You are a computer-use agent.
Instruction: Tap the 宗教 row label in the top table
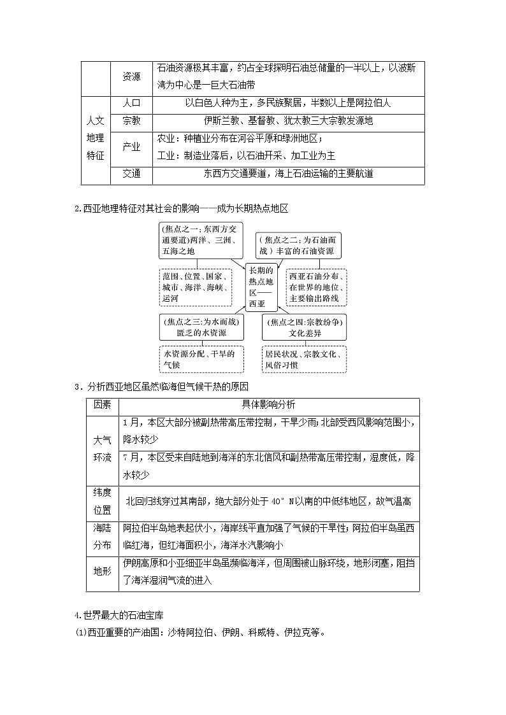coord(131,121)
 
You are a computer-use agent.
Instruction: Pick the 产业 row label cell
coord(131,146)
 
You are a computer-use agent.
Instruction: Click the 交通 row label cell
coord(131,173)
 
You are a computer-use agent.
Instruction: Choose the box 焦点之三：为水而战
coord(201,327)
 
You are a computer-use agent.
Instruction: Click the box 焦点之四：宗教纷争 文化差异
coord(305,327)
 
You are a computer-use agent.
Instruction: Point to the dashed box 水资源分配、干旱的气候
coord(201,359)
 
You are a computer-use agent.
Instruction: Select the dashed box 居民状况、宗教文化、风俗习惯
coord(305,359)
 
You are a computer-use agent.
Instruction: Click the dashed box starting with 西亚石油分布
coord(317,287)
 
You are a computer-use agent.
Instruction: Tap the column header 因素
coord(102,406)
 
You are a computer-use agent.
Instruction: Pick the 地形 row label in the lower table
coord(102,572)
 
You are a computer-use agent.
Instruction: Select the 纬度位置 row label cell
coord(102,502)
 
